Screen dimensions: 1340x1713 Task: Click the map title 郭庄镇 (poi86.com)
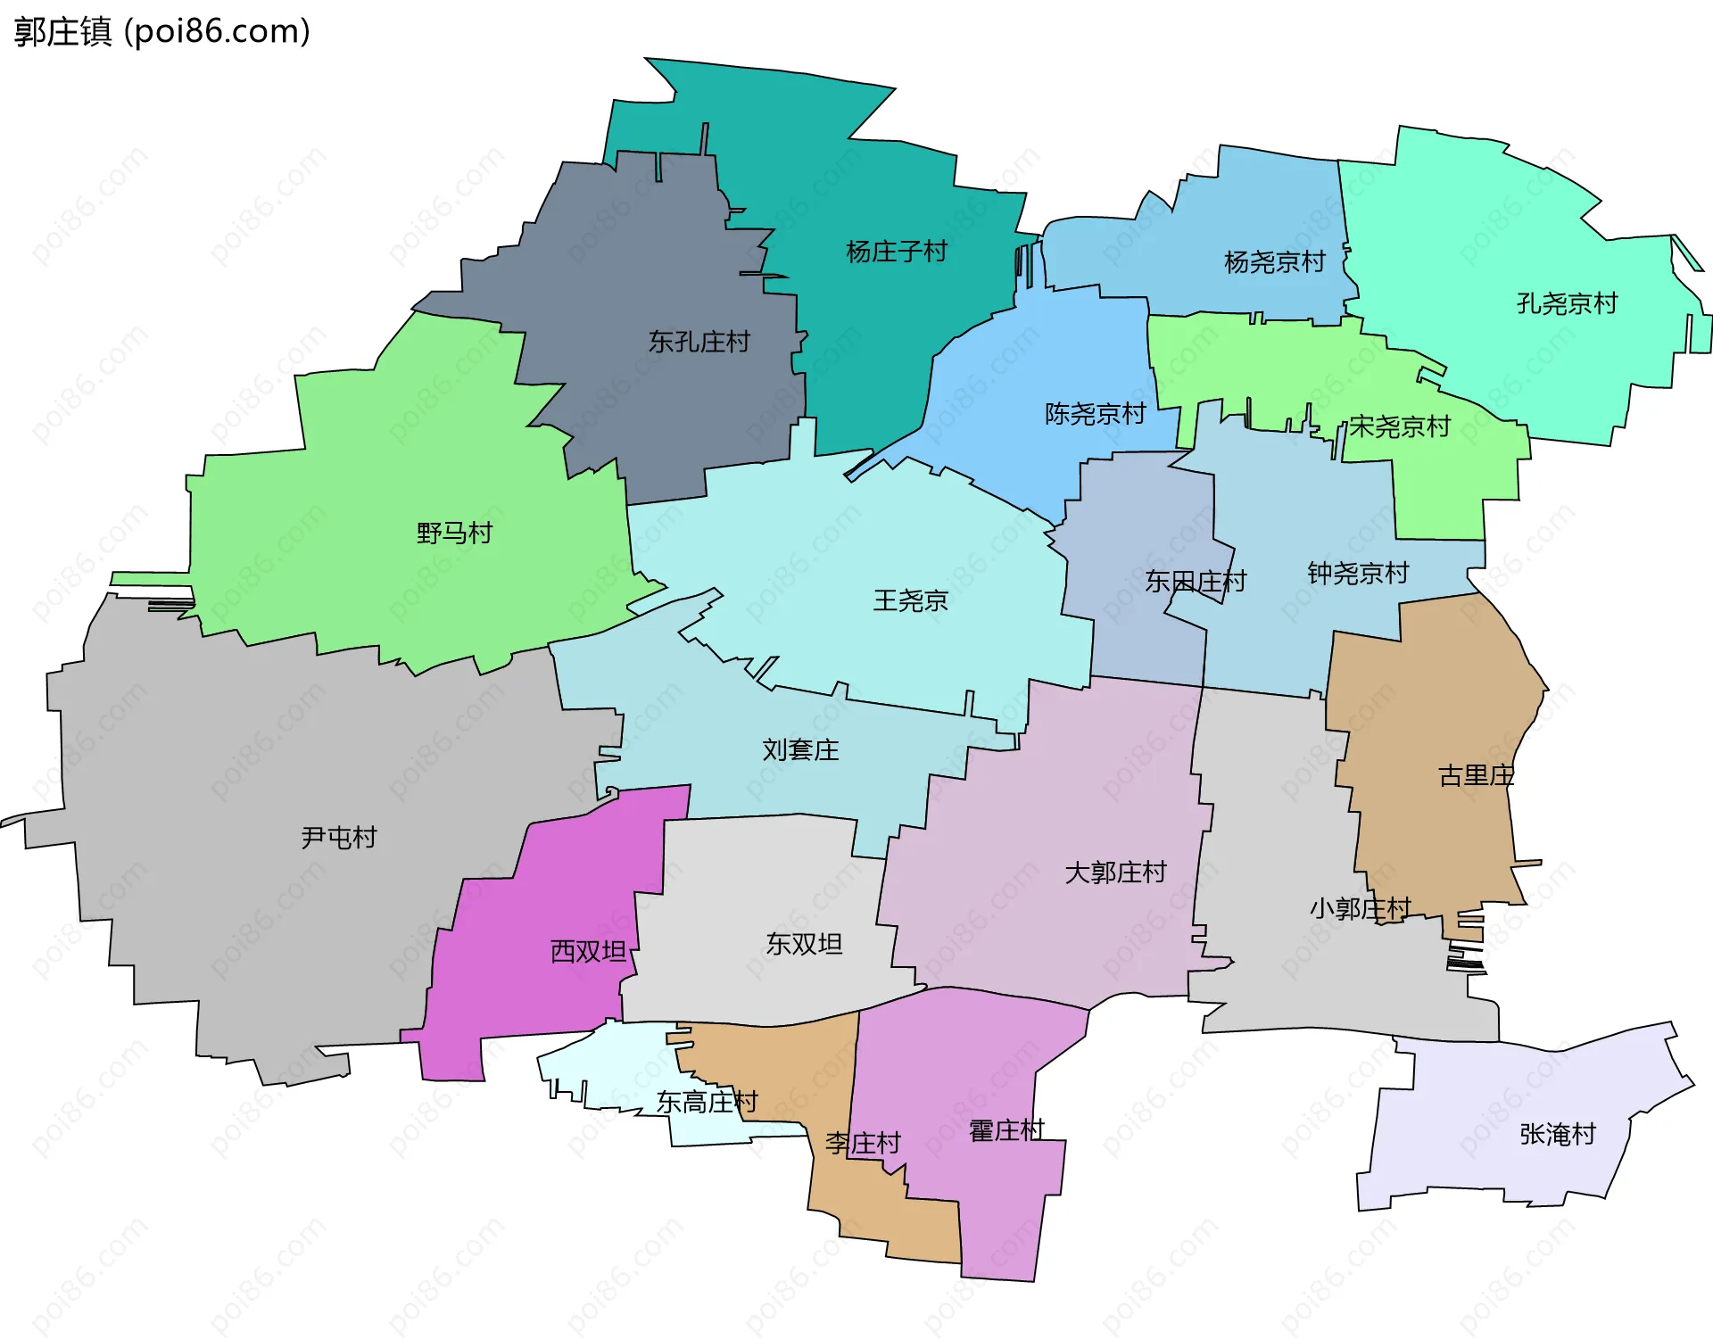pos(161,31)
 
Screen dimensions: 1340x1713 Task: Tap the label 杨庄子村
pos(896,252)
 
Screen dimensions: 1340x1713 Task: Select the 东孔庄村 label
pos(699,342)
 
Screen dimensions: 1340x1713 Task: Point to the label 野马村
pos(454,534)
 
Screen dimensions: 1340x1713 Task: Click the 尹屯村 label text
pos(338,837)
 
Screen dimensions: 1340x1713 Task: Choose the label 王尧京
pos(909,600)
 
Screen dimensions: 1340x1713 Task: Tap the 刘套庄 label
pos(800,749)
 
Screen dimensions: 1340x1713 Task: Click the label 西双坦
pos(588,951)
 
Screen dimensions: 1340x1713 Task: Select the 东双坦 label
pos(804,944)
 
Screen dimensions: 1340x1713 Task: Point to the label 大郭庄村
pos(1115,872)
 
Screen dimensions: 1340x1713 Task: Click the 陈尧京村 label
pos(1095,414)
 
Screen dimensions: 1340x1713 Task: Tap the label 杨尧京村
pos(1274,262)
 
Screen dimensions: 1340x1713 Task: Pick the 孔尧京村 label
pos(1567,303)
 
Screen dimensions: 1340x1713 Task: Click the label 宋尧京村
pos(1399,426)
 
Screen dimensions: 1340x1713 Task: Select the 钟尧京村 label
pos(1358,573)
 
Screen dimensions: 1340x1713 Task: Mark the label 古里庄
pos(1476,775)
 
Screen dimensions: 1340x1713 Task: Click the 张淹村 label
pos(1557,1134)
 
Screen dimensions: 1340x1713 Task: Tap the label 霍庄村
pos(1006,1130)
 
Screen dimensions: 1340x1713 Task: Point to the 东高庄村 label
pos(707,1103)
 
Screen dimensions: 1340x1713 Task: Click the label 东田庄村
pos(1195,582)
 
